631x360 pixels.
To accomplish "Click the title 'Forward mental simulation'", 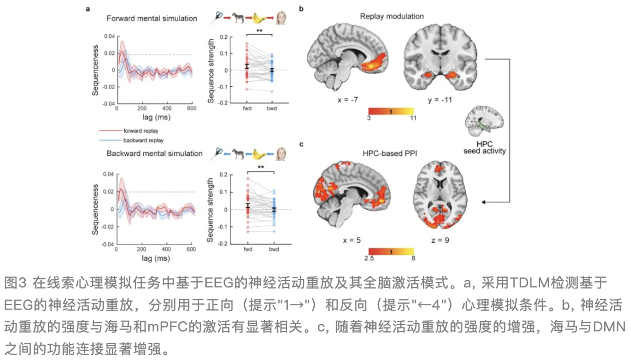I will pos(152,18).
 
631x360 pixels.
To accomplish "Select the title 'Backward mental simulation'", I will pos(154,153).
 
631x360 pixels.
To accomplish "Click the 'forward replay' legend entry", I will pos(141,131).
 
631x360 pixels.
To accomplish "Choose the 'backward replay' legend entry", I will pos(142,139).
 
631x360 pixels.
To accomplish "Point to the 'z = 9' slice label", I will pos(440,239).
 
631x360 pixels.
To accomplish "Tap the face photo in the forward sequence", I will pos(282,18).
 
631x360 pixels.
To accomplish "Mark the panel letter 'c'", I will pos(301,144).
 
